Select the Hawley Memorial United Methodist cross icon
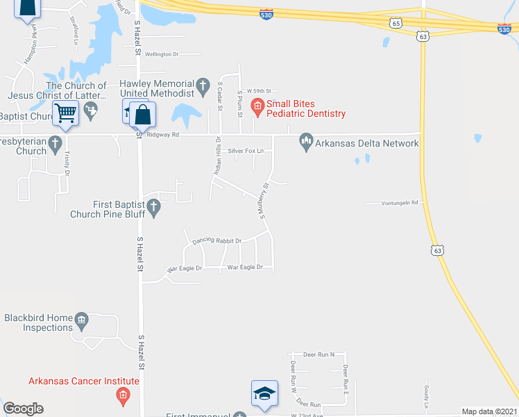pyautogui.click(x=203, y=87)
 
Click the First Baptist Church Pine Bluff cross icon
pyautogui.click(x=154, y=206)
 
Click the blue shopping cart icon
pyautogui.click(x=66, y=112)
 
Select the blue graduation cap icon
pyautogui.click(x=264, y=393)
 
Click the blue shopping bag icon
pyautogui.click(x=142, y=115)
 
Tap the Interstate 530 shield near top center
pyautogui.click(x=266, y=14)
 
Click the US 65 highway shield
pyautogui.click(x=396, y=23)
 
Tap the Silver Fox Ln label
pyautogui.click(x=250, y=151)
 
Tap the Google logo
pyautogui.click(x=24, y=409)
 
